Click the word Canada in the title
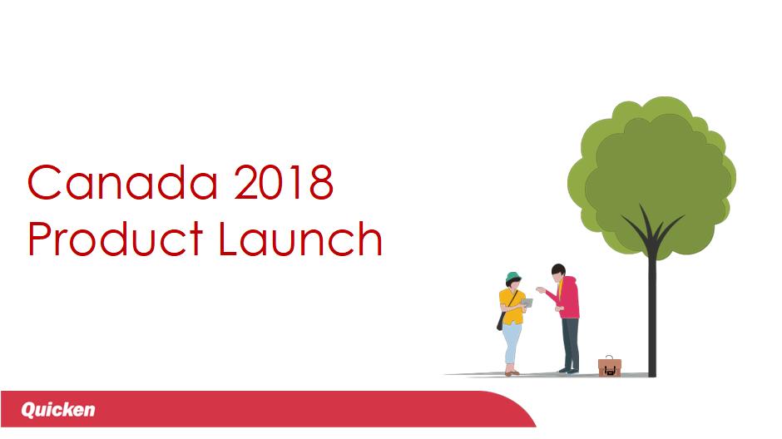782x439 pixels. [122, 182]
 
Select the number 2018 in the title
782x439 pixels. [284, 182]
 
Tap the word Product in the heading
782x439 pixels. [115, 239]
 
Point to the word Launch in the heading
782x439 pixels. [300, 239]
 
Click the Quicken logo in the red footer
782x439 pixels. [58, 410]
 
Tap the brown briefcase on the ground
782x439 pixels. [610, 367]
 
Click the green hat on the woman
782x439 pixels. [513, 278]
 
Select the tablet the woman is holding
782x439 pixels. [527, 303]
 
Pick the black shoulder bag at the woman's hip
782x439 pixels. [500, 322]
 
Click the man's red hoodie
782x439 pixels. [567, 298]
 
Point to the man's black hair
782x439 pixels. [558, 269]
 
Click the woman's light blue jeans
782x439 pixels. [512, 345]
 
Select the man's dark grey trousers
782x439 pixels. [571, 343]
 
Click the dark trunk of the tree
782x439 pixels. [652, 309]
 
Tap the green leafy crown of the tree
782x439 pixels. [652, 175]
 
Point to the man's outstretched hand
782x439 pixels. [541, 289]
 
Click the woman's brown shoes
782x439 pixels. [512, 372]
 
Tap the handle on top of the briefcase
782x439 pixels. [610, 358]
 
